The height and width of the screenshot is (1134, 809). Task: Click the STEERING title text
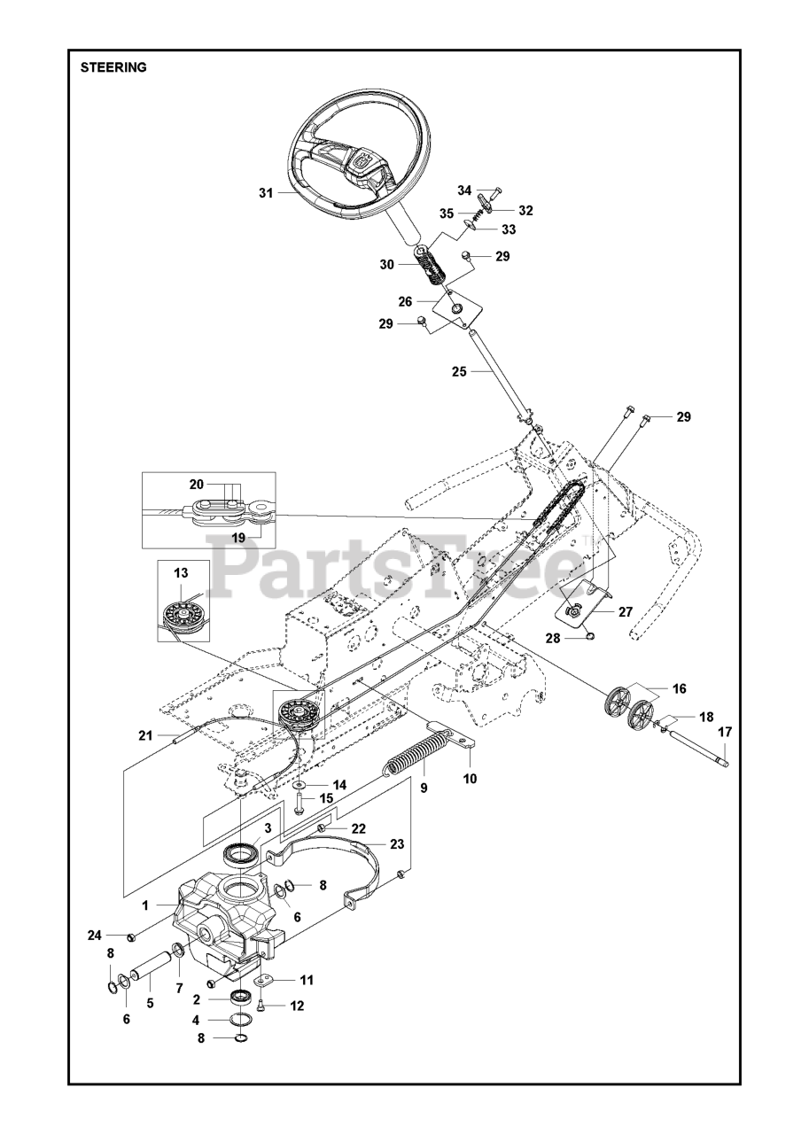tap(113, 66)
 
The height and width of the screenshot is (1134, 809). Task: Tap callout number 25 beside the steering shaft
tap(458, 372)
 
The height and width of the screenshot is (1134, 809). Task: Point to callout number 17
tap(725, 732)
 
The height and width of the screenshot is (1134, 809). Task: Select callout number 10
tap(470, 779)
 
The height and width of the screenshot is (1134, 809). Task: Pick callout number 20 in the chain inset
tap(196, 484)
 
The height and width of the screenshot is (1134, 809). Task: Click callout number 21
tap(146, 735)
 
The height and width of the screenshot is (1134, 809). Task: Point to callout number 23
tap(396, 844)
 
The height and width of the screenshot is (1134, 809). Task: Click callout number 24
tap(94, 936)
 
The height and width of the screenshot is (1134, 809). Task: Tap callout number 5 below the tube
tap(150, 1003)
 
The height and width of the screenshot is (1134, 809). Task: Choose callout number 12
tap(297, 1006)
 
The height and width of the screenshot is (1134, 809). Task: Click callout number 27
tap(626, 610)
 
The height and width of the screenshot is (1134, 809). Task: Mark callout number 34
tap(465, 190)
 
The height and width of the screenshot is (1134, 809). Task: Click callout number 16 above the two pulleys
tap(678, 688)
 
